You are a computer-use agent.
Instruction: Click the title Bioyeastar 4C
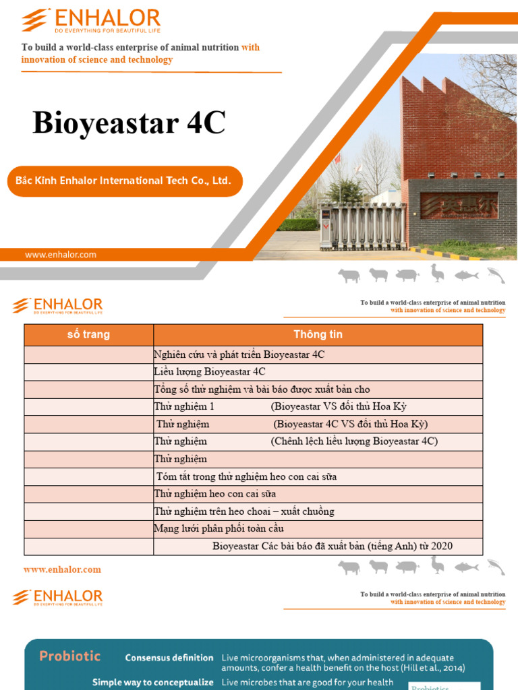[x=129, y=123]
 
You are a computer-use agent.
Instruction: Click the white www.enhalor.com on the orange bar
[x=61, y=255]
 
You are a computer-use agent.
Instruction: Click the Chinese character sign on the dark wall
[x=459, y=204]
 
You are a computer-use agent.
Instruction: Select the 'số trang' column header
[x=88, y=335]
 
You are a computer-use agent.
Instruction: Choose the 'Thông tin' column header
[x=318, y=335]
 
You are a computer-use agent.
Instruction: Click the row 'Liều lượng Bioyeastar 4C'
[x=210, y=372]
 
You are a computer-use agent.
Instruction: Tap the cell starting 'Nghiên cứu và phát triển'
[x=239, y=354]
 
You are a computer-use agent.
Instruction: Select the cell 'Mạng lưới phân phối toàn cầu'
[x=219, y=529]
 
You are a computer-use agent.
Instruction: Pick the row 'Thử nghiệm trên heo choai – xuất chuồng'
[x=243, y=511]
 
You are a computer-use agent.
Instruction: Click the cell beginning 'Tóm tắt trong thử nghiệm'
[x=246, y=476]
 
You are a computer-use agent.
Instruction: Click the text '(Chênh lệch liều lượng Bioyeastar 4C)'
[x=355, y=441]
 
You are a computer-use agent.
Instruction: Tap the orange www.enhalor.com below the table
[x=62, y=569]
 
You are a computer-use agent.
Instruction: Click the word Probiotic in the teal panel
[x=70, y=656]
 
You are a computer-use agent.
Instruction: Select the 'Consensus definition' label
[x=169, y=658]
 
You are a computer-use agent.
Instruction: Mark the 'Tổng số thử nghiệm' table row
[x=262, y=389]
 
